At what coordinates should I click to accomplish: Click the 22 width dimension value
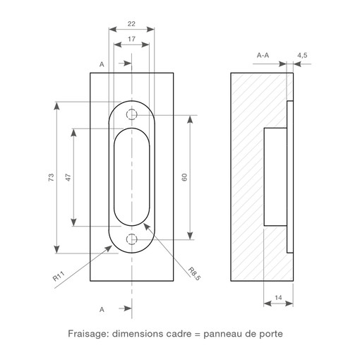click(x=131, y=24)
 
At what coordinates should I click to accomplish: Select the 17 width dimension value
click(x=131, y=39)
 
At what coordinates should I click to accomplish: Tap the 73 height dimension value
click(x=51, y=177)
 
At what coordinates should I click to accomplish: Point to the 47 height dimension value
click(x=68, y=177)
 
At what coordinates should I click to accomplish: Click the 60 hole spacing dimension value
click(x=184, y=177)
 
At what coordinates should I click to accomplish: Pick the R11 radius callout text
click(x=59, y=276)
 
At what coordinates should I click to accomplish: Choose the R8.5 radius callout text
click(x=194, y=274)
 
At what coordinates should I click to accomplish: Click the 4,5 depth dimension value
click(x=302, y=56)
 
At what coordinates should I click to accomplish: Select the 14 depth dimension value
click(x=278, y=298)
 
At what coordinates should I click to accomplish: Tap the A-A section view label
click(x=263, y=56)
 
